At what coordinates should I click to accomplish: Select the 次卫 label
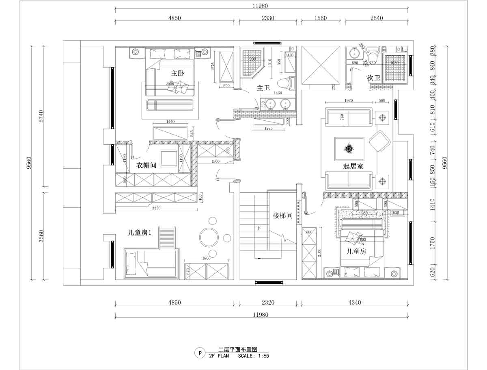tap(373, 77)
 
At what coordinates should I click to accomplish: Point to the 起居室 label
tap(353, 166)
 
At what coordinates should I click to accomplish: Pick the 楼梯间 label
tap(283, 216)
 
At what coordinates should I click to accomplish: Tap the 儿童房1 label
tap(140, 233)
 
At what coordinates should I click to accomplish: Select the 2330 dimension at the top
tap(267, 18)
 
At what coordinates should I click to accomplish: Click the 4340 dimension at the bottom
tap(355, 303)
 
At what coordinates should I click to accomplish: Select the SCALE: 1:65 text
tap(254, 355)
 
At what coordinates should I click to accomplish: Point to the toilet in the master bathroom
tap(286, 83)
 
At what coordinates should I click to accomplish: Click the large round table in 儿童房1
tap(209, 237)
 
